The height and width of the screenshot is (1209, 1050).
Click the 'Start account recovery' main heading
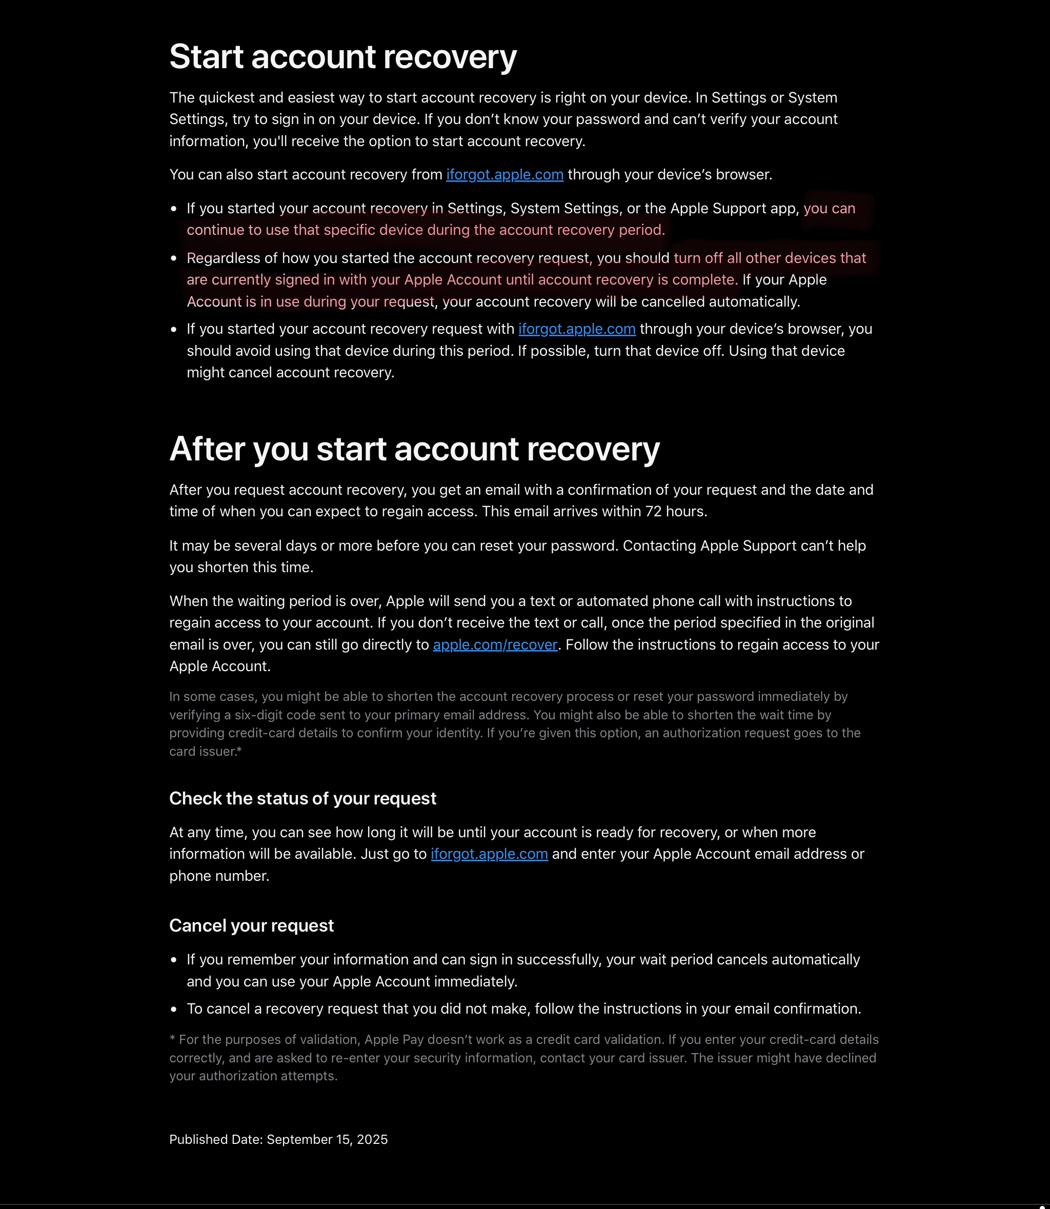pos(343,57)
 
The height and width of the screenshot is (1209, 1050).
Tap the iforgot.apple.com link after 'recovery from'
pos(504,175)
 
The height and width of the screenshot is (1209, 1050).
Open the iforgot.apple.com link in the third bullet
pos(577,329)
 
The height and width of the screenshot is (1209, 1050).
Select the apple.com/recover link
pos(495,644)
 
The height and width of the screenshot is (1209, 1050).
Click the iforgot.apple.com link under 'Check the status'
pos(489,854)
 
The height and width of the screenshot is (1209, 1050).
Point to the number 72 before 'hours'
pos(653,512)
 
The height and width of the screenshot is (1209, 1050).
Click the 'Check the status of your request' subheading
pos(302,798)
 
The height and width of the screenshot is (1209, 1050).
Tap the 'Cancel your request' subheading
pos(251,925)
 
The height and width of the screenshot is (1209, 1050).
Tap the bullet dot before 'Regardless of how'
pos(173,258)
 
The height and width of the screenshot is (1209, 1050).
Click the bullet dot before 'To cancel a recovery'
pos(173,1009)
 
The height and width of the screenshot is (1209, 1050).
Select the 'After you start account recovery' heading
pos(414,450)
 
